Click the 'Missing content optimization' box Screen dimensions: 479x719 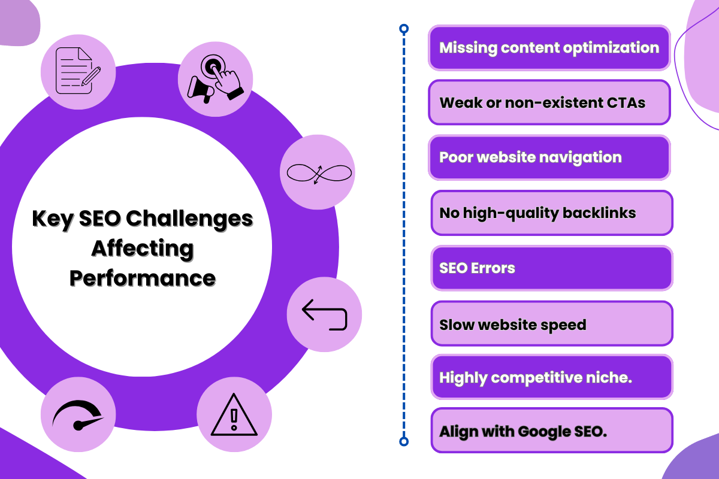pos(549,47)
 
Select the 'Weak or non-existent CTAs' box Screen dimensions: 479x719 pos(549,102)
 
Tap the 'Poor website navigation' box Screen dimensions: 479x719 pos(549,157)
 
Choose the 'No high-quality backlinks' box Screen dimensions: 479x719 pos(551,213)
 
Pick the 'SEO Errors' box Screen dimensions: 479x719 pos(551,268)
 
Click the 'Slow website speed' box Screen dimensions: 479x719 pos(551,324)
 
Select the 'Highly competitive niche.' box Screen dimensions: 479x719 pos(551,377)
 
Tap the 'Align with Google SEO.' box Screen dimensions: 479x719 pos(551,431)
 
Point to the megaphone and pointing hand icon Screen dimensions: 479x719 pos(216,78)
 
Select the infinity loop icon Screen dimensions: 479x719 pos(318,174)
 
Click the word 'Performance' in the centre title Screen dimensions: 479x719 pos(142,278)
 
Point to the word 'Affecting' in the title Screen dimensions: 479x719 pos(142,248)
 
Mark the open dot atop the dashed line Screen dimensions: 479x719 pos(404,28)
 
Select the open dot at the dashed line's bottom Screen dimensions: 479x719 pos(404,442)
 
